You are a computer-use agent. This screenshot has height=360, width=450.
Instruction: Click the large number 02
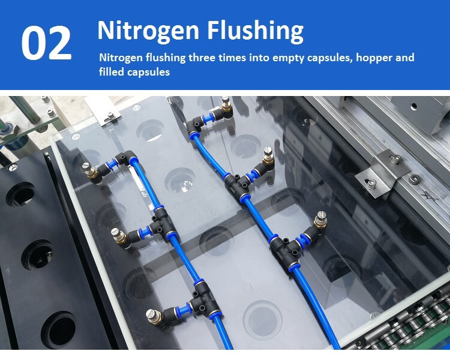point(46,43)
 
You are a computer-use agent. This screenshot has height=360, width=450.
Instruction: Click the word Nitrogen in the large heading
point(148,31)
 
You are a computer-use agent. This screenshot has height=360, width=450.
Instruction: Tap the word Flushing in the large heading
point(255,31)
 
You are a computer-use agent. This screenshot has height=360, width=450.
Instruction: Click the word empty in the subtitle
point(288,58)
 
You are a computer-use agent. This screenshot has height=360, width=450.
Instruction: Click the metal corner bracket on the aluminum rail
point(383,173)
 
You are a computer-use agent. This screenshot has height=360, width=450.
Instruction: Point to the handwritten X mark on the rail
point(430,196)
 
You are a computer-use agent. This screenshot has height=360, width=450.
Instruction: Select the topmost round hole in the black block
point(20,194)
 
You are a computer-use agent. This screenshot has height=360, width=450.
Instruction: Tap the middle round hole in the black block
point(37,255)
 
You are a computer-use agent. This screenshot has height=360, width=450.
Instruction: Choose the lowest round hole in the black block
point(59,329)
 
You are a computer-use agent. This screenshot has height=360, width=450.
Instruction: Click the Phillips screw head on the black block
point(13,167)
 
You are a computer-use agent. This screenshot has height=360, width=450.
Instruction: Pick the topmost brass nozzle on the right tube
point(226,105)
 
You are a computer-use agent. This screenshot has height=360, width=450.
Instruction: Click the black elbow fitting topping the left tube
point(125,158)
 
